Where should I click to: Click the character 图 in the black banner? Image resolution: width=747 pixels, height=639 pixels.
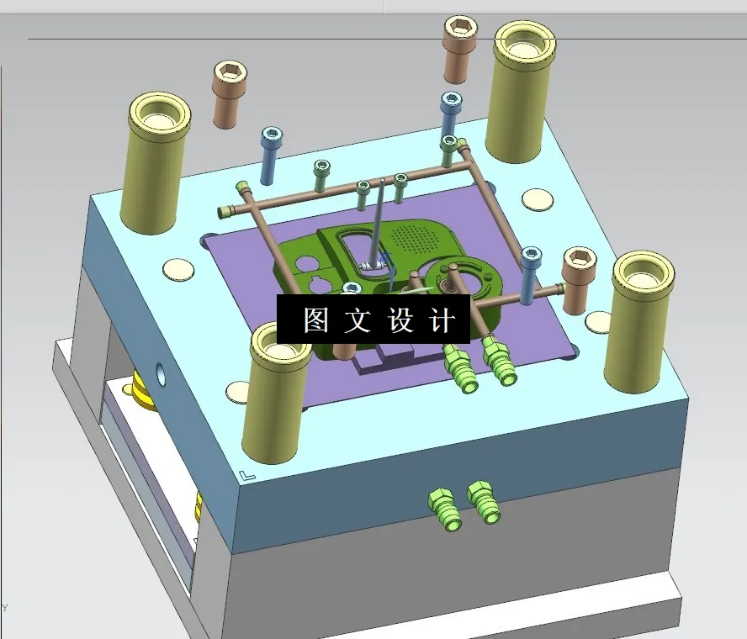(315, 319)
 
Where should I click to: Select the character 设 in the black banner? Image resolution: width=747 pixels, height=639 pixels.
(400, 319)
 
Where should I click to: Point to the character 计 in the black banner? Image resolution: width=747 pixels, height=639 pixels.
(442, 319)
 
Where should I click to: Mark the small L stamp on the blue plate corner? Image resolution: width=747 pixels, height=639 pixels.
(246, 476)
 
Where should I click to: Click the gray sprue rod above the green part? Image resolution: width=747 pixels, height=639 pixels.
(378, 223)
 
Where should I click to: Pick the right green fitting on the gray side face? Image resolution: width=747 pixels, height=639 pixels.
(484, 502)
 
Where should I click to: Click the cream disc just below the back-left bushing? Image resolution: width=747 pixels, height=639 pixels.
(177, 270)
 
